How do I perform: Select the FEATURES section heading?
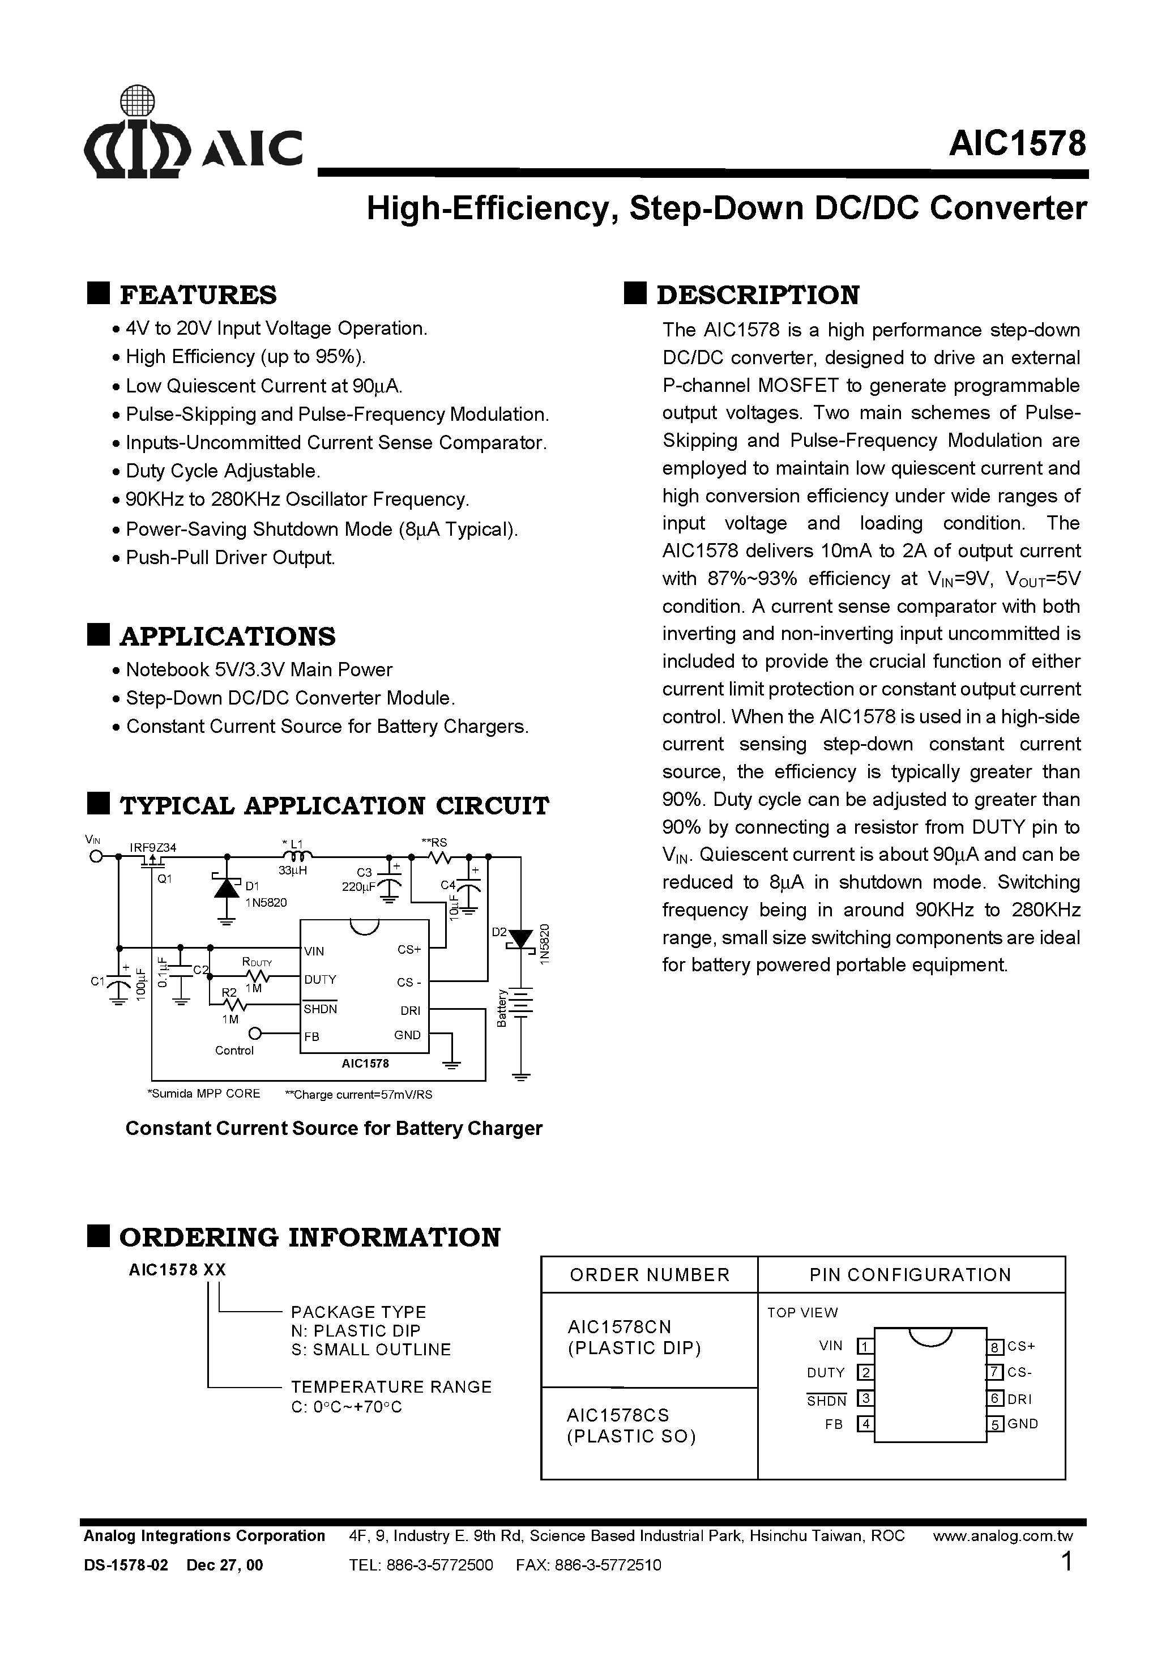click(197, 295)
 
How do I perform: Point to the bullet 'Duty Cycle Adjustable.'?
click(222, 471)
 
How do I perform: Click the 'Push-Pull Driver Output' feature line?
click(230, 557)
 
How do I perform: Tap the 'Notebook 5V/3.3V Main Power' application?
click(258, 669)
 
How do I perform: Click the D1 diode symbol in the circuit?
click(227, 886)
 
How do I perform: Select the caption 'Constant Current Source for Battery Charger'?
click(333, 1128)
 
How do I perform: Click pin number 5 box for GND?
click(996, 1424)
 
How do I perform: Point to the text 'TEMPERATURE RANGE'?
click(391, 1386)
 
